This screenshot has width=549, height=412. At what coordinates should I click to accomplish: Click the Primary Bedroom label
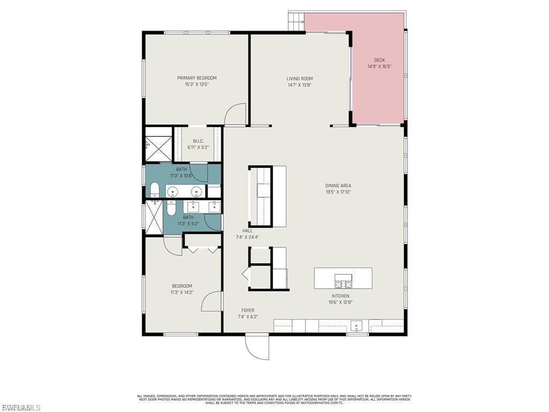(x=197, y=78)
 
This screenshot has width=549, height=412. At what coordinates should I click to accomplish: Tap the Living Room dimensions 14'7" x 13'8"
(x=299, y=85)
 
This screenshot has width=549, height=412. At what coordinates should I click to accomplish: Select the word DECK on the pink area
(x=380, y=60)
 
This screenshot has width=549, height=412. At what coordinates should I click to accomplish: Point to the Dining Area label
(x=338, y=186)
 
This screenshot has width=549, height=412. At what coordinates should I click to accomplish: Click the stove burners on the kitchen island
(x=343, y=284)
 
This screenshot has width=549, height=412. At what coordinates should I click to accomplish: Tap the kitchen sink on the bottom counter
(x=357, y=326)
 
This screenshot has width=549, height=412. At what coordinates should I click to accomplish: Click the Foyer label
(x=248, y=310)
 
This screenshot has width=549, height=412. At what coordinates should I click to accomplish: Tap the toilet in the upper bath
(x=154, y=189)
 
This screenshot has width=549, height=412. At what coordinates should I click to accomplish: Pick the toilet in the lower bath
(x=171, y=208)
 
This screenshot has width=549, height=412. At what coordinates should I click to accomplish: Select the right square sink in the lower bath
(x=214, y=207)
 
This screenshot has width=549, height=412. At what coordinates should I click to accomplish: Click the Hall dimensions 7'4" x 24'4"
(x=247, y=237)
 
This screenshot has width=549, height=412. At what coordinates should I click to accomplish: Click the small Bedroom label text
(x=182, y=286)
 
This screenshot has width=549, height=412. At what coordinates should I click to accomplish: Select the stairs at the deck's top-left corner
(x=296, y=22)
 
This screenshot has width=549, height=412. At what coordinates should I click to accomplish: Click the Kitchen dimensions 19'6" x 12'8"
(x=340, y=302)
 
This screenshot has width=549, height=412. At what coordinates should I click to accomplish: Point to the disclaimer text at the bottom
(x=274, y=399)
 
